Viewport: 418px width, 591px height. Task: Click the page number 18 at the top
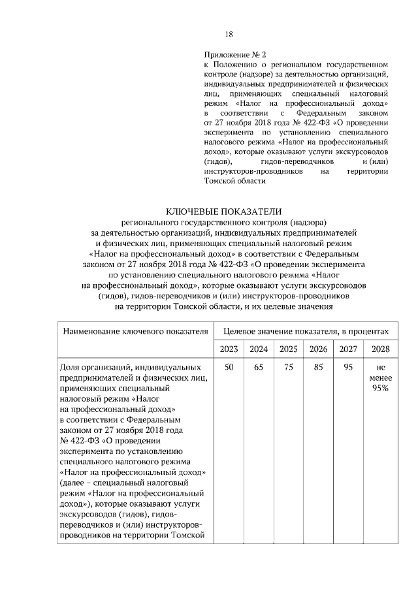[x=229, y=35]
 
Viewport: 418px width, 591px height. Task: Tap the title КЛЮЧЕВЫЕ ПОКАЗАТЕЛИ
[x=224, y=211]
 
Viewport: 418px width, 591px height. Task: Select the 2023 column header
[x=229, y=349]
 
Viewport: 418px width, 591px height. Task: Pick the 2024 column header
[x=259, y=349]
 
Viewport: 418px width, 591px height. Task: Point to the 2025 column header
[x=289, y=349]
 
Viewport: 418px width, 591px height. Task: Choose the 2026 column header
[x=318, y=349]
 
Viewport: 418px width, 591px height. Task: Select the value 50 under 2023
[x=229, y=368]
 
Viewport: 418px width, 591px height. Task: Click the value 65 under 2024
[x=259, y=368]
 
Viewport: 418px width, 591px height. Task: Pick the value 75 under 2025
[x=289, y=368]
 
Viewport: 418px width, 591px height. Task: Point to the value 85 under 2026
[x=318, y=368]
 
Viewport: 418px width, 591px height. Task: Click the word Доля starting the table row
[x=69, y=368]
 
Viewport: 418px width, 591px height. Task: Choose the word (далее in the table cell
[x=72, y=483]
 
